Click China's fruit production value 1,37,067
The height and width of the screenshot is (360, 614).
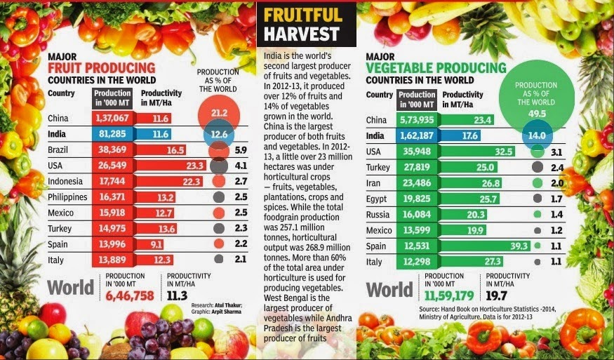click(112, 119)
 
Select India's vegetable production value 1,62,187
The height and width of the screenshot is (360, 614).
click(417, 136)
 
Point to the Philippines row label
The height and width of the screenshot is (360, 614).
click(67, 197)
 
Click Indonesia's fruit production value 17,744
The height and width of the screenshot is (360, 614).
click(112, 182)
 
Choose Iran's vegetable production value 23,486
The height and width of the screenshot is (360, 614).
click(417, 183)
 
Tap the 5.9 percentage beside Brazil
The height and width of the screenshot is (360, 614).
click(241, 150)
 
